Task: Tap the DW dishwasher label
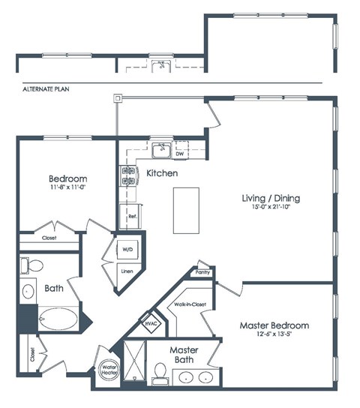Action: [x=179, y=154]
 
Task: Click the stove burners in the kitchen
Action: [x=127, y=175]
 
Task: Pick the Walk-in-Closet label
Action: [x=190, y=304]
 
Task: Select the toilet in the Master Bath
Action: [x=160, y=371]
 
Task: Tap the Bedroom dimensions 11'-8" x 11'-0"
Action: [x=67, y=189]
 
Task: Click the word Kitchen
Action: [x=162, y=173]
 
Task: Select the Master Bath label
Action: [x=183, y=355]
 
